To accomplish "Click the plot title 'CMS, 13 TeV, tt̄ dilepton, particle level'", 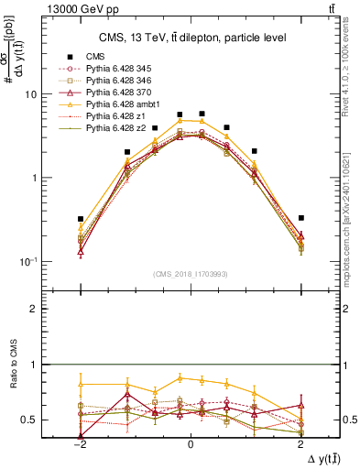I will click(191, 37).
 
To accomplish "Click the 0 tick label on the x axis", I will click(191, 443).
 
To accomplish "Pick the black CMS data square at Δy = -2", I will click(81, 219).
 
